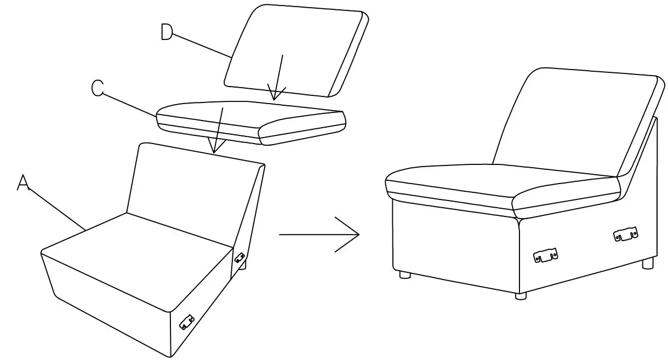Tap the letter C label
(98, 88)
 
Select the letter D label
(166, 32)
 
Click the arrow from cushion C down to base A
(218, 132)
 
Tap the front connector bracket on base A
(187, 322)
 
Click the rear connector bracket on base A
(239, 256)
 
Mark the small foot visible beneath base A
(243, 266)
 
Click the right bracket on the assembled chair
(625, 235)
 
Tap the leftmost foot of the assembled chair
(405, 274)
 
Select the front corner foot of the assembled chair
(520, 295)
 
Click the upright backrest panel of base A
(192, 186)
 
